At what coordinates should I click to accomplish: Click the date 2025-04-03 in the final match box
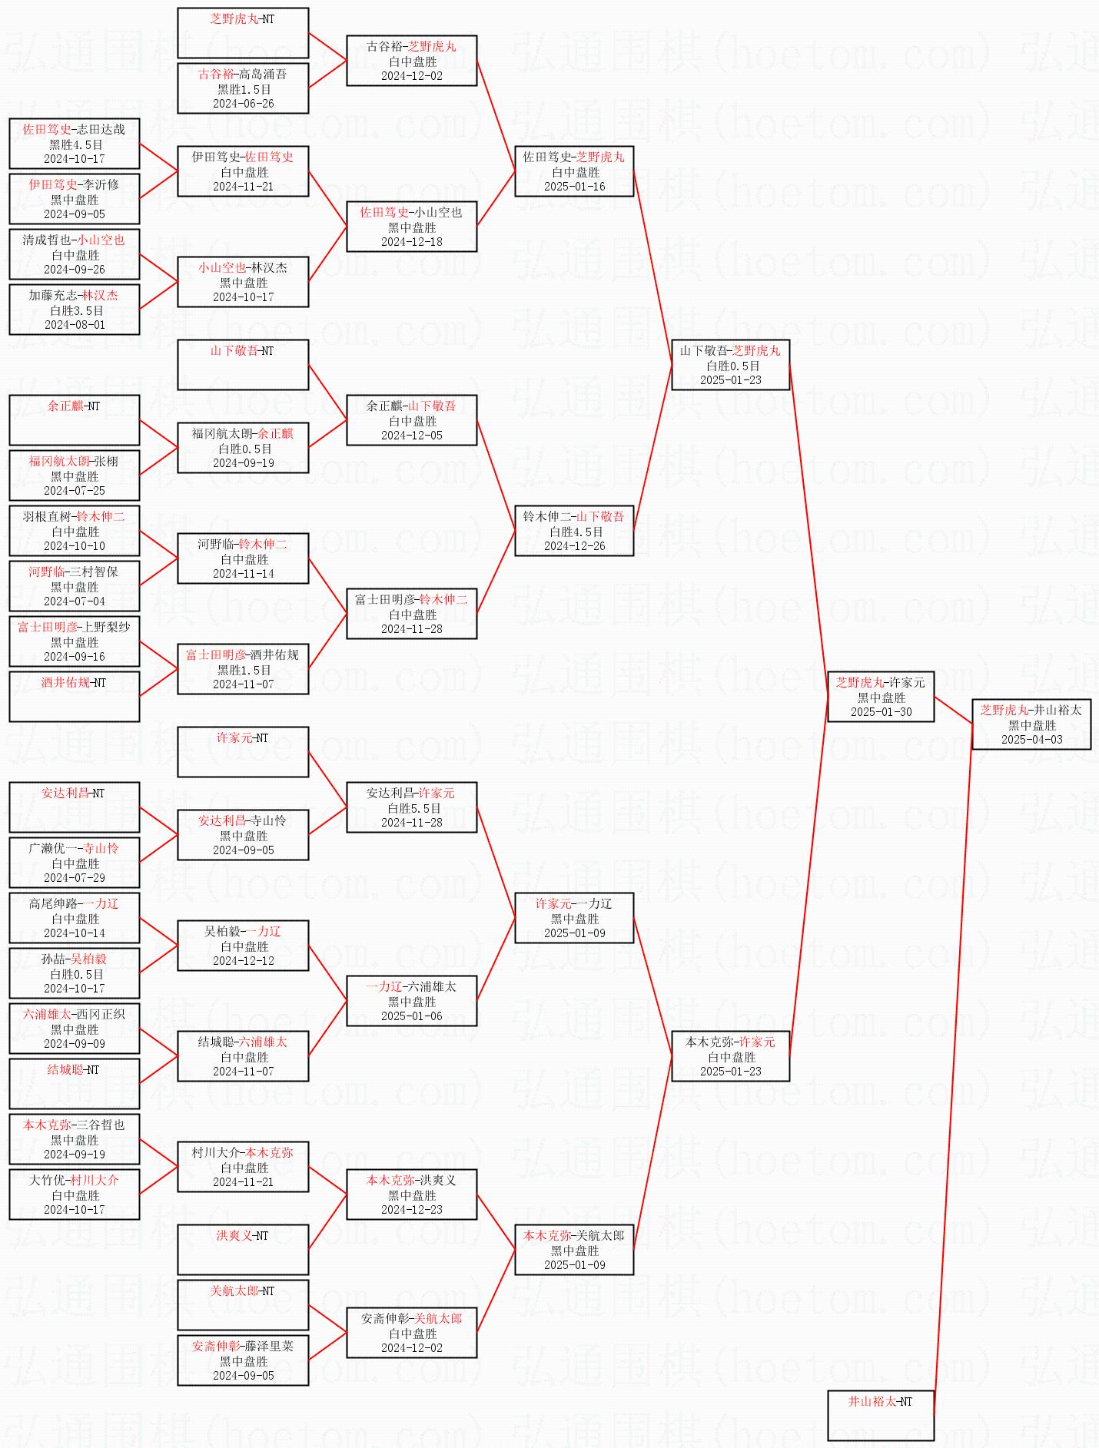pos(1031,740)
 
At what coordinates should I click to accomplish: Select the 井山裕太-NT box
pos(881,1415)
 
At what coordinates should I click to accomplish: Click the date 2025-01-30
pos(881,712)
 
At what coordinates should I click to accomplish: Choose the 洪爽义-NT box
pos(243,1249)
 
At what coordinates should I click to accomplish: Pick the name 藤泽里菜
pos(269,1347)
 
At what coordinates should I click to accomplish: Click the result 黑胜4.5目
pos(75,144)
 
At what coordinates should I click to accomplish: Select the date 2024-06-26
pos(243,104)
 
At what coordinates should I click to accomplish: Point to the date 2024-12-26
pos(574,546)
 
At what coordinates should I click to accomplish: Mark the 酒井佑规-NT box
pos(75,696)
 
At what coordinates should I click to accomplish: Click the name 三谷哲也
pos(101,1125)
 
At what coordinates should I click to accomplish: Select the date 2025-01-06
pos(412,1016)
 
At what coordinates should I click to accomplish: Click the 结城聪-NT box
pos(75,1083)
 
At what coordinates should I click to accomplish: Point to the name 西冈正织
pos(101,1015)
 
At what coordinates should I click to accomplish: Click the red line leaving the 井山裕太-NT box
pos(953,1075)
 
